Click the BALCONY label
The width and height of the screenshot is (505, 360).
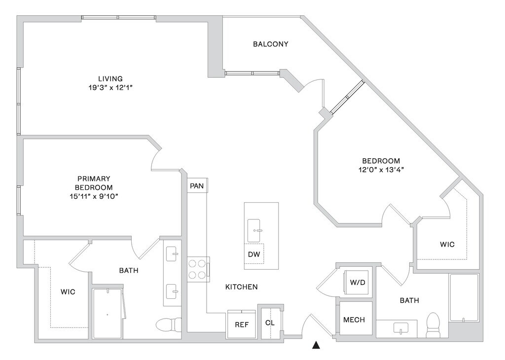pyautogui.click(x=271, y=44)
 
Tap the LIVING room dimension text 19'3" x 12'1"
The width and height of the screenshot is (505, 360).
pyautogui.click(x=110, y=87)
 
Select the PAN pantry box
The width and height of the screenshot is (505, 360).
pyautogui.click(x=197, y=186)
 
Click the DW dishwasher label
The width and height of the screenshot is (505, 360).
pyautogui.click(x=254, y=254)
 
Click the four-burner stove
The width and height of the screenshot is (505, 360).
pyautogui.click(x=197, y=269)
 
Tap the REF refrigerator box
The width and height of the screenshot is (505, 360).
pyautogui.click(x=242, y=324)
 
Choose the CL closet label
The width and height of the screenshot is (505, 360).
pyautogui.click(x=270, y=323)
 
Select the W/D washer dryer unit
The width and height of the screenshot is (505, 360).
pyautogui.click(x=358, y=282)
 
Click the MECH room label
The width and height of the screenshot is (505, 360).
pyautogui.click(x=354, y=320)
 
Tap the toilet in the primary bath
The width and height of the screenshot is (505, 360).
pyautogui.click(x=169, y=324)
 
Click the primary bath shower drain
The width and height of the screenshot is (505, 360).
pyautogui.click(x=107, y=315)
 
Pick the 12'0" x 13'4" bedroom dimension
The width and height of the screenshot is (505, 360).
pyautogui.click(x=381, y=170)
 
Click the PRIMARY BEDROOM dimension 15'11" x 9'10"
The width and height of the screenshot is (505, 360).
pyautogui.click(x=94, y=196)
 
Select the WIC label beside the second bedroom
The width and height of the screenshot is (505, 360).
pyautogui.click(x=447, y=245)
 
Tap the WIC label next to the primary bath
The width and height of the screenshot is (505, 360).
pyautogui.click(x=68, y=292)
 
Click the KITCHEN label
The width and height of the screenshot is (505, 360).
pyautogui.click(x=241, y=287)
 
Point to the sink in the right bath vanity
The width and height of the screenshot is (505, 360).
pyautogui.click(x=400, y=328)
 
